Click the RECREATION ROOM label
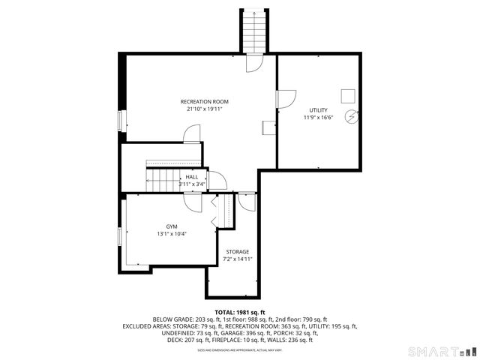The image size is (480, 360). pyautogui.click(x=204, y=101)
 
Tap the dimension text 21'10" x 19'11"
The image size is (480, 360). pyautogui.click(x=204, y=109)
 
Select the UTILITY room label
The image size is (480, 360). pyautogui.click(x=318, y=110)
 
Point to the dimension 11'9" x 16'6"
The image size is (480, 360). pyautogui.click(x=318, y=118)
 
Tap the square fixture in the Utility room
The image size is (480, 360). pyautogui.click(x=348, y=94)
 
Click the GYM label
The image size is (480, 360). pyautogui.click(x=172, y=226)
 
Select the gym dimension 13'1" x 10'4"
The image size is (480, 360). pyautogui.click(x=172, y=233)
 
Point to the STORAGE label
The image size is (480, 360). pyautogui.click(x=238, y=252)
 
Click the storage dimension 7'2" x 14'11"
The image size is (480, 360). pyautogui.click(x=238, y=259)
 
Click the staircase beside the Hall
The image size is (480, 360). pyautogui.click(x=160, y=179)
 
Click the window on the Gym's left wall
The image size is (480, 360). pyautogui.click(x=119, y=237)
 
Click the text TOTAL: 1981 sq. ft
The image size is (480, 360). pyautogui.click(x=240, y=312)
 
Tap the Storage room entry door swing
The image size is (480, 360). pyautogui.click(x=247, y=201)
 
